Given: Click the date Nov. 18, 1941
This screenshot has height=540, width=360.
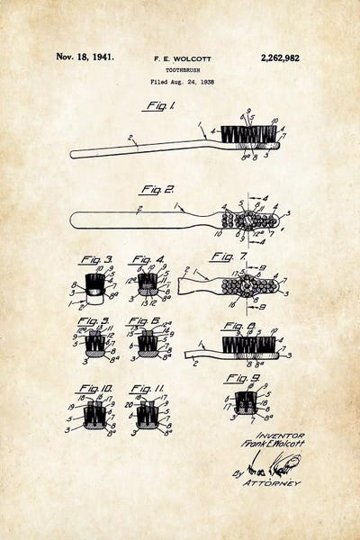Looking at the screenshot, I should [85, 57].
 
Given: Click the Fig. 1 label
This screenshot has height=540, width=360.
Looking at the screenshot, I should [158, 106].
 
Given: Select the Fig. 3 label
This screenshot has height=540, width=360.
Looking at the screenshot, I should [95, 260].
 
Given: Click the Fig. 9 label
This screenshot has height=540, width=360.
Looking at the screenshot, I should [241, 377].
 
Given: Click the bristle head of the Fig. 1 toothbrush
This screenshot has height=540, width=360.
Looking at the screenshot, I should [247, 136].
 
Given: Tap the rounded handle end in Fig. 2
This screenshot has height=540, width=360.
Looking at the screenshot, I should [79, 219].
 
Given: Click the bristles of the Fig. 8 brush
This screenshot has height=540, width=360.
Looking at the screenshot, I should [247, 343].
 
